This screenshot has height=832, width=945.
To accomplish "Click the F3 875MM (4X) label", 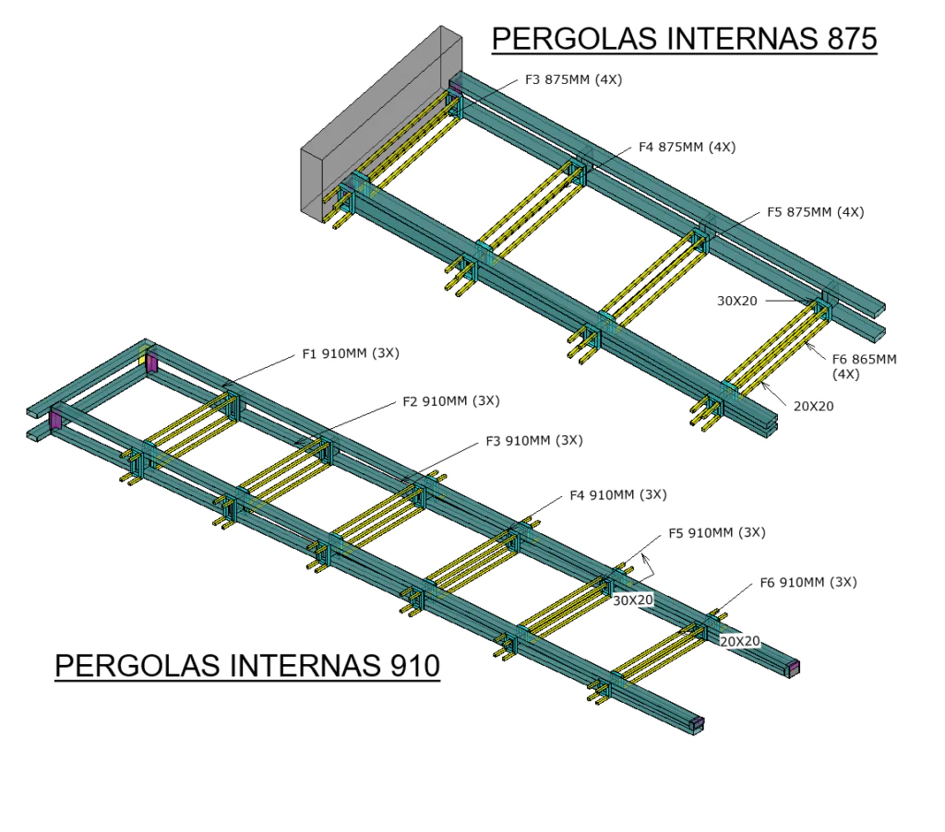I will click(573, 80).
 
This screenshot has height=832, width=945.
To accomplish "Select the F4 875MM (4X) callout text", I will click(687, 148).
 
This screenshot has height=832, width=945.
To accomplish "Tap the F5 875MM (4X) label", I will click(815, 212).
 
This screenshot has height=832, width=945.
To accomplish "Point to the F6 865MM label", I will click(864, 360).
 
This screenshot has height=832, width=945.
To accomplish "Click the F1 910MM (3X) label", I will click(351, 353).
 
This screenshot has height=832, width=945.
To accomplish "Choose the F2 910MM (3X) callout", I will click(450, 401).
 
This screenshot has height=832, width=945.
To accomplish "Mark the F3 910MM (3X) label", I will click(533, 441).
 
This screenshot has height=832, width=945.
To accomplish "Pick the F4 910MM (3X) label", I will click(617, 495).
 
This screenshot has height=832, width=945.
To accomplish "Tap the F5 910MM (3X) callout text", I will click(716, 532).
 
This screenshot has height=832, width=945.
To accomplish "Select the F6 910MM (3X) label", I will click(807, 582).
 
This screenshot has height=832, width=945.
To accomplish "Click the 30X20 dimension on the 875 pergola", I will click(737, 300).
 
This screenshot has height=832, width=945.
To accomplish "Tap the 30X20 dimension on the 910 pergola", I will click(633, 600).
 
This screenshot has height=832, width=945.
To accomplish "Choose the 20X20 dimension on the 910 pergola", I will click(739, 640).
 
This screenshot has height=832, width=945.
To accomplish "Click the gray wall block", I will click(378, 129).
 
